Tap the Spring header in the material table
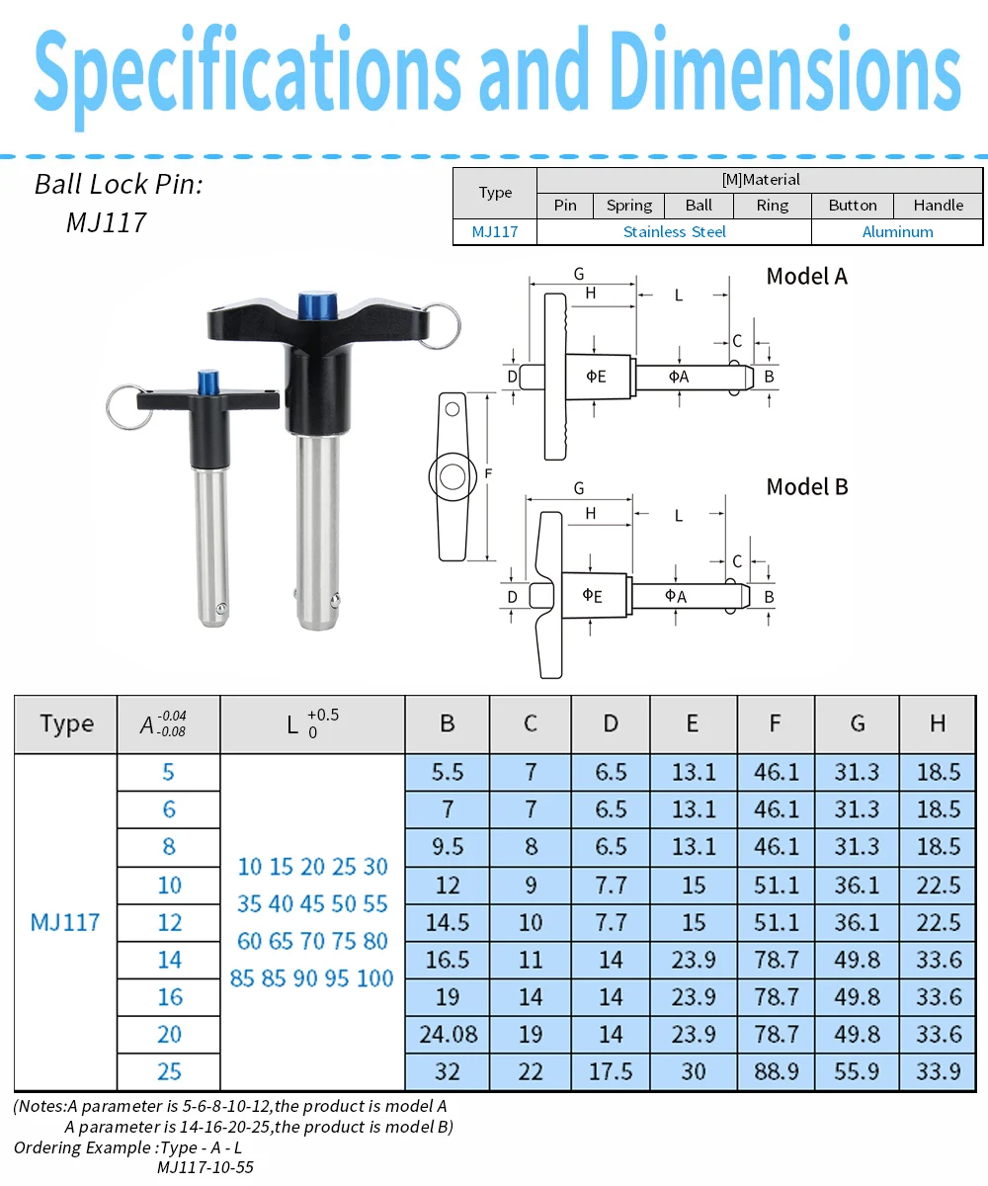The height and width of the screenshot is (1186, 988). (x=628, y=205)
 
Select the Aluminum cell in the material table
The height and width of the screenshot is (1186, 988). (x=897, y=231)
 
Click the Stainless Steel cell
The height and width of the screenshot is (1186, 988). (x=674, y=231)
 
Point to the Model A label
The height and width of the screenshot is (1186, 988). (x=806, y=277)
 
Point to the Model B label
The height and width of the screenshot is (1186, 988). (x=807, y=487)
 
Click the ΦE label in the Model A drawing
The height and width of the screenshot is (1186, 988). (x=596, y=376)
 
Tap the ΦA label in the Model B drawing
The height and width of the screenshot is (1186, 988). (x=676, y=595)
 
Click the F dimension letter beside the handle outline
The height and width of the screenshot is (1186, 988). (x=488, y=473)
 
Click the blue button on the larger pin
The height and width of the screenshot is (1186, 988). (x=318, y=305)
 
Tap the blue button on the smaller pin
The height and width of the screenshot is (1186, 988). (x=207, y=382)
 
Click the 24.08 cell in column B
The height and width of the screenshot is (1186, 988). (x=448, y=1034)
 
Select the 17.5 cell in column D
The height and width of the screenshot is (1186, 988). (x=611, y=1071)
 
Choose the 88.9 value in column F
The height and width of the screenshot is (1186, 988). (x=776, y=1071)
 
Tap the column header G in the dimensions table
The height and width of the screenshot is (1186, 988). (x=858, y=723)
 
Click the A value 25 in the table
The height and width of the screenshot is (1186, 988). (x=169, y=1071)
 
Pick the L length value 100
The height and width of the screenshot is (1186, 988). (x=374, y=978)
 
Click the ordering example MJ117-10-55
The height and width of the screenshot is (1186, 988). (x=205, y=1166)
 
